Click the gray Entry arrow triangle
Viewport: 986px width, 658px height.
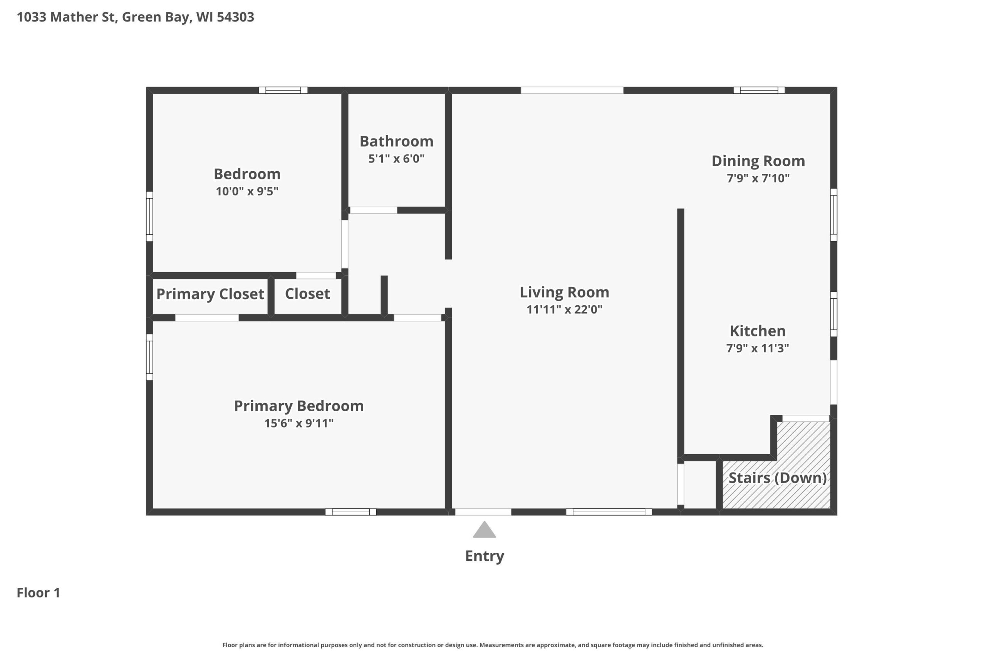tap(484, 530)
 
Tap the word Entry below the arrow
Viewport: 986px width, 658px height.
tap(484, 556)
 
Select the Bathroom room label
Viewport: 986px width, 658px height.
tap(396, 141)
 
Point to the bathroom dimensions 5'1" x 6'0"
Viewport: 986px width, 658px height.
tap(396, 159)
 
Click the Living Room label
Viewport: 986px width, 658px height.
tap(564, 293)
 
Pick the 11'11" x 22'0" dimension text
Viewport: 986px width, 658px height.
tap(564, 310)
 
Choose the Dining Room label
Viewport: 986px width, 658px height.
tap(758, 161)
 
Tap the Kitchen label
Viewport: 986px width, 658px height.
tap(758, 331)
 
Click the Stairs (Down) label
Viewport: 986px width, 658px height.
tap(777, 478)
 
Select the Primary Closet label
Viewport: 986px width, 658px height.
tap(210, 294)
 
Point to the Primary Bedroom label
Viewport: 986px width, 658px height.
tap(298, 406)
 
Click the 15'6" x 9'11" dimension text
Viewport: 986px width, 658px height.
tap(298, 423)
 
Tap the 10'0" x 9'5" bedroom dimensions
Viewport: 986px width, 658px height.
tap(247, 191)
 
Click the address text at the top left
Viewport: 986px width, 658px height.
tap(136, 17)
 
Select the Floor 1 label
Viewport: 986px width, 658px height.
tap(39, 592)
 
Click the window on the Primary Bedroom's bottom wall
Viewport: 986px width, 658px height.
tap(351, 512)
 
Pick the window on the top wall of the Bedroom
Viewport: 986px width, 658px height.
tap(283, 90)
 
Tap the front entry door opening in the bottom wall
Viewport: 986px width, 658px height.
tap(483, 512)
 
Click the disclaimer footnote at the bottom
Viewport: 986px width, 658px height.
tap(493, 645)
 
